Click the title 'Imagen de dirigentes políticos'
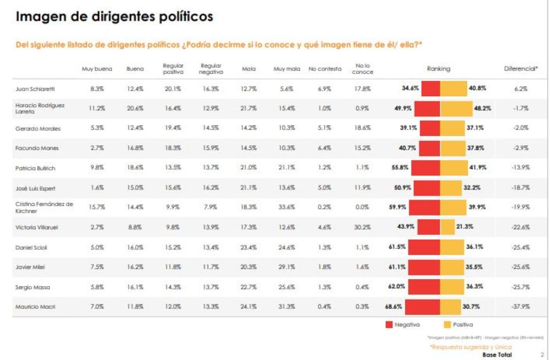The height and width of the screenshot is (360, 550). click(114, 17)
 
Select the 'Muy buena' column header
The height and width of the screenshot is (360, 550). click(93, 69)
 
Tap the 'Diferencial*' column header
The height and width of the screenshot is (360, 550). click(521, 69)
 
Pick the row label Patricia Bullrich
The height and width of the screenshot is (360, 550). click(35, 168)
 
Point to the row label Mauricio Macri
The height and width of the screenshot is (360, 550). click(35, 307)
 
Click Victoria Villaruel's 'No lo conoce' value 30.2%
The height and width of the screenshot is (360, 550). click(363, 227)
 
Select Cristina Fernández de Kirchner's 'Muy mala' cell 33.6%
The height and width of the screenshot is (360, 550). click(286, 207)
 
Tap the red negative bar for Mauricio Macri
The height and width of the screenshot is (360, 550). click(422, 307)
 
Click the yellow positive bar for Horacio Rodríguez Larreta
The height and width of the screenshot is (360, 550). click(456, 109)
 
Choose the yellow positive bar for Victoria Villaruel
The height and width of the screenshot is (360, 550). click(447, 227)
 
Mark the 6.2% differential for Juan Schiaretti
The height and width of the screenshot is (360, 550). click(521, 89)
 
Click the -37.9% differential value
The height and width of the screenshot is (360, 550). click(521, 307)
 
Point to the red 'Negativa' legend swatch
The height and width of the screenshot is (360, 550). click(389, 325)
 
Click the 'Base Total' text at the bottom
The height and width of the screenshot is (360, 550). click(497, 355)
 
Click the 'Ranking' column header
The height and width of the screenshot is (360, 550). click(439, 69)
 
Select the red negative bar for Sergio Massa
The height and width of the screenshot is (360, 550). click(423, 287)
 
